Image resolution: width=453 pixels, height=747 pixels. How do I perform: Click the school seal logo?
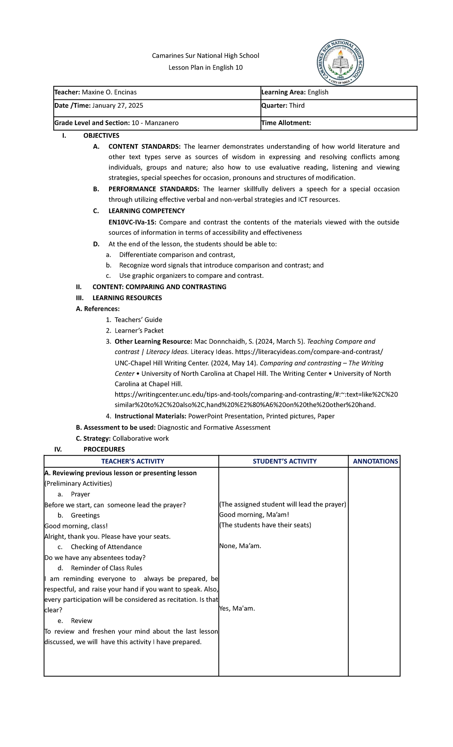pos(340,63)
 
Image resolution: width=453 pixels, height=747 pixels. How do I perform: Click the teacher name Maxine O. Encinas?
pos(109,92)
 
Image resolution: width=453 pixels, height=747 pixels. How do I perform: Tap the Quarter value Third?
pos(297,105)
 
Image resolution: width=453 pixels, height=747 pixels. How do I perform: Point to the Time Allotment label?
pos(286,123)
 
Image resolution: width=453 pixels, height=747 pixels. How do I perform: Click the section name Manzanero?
pos(162,123)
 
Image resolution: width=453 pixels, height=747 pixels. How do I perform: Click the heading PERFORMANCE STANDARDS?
pos(154,189)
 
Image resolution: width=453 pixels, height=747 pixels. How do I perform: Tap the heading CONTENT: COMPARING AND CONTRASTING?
pos(159,287)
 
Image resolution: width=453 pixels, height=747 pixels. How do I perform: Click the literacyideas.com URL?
pos(309,352)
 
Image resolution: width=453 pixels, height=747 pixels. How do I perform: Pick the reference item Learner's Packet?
pos(139,331)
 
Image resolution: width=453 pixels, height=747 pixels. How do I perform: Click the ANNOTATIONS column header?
pos(375,461)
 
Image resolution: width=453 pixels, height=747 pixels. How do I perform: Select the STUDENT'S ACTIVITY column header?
pos(285,461)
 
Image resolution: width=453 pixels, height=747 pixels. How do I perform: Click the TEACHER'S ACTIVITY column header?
pos(133,461)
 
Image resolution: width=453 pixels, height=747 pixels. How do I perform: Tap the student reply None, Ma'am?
pos(240,546)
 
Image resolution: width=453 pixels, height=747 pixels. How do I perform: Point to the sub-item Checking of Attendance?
pos(106,547)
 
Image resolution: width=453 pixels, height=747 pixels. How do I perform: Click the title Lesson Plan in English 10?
pos(205,68)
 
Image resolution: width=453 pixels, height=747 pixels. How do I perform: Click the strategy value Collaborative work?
pos(140,439)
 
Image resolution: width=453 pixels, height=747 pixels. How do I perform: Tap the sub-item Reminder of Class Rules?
pos(106,568)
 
